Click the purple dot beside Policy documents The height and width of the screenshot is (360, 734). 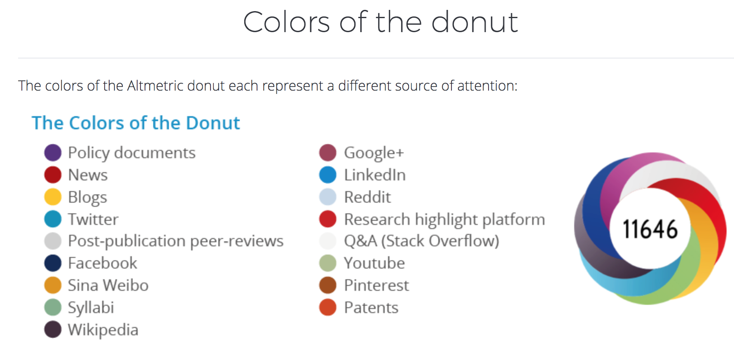point(53,152)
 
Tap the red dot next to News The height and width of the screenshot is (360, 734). point(53,175)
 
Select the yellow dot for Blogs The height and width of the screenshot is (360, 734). point(53,197)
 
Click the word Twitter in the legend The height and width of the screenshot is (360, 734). point(93,219)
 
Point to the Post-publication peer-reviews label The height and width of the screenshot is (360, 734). point(176,241)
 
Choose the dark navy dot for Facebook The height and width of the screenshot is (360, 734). point(53,263)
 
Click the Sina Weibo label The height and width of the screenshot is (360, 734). point(108,285)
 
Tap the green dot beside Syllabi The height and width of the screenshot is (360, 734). point(53,307)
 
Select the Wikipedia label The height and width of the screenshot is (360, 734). point(103,330)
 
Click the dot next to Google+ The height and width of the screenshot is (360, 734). point(328,152)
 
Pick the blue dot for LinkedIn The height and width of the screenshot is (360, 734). point(328,175)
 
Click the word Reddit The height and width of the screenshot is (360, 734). point(367,197)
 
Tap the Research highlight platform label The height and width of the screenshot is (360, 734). point(444,220)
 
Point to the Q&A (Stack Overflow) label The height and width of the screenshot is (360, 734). point(422,241)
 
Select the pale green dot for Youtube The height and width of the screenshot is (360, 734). point(328,263)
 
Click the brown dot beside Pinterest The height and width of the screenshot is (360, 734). point(328,285)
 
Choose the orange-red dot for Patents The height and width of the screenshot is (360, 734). point(328,307)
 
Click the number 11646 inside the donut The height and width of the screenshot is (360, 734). point(650,229)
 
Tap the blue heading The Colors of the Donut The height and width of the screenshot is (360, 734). point(136,123)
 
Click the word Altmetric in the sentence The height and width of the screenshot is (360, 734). point(155,86)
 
